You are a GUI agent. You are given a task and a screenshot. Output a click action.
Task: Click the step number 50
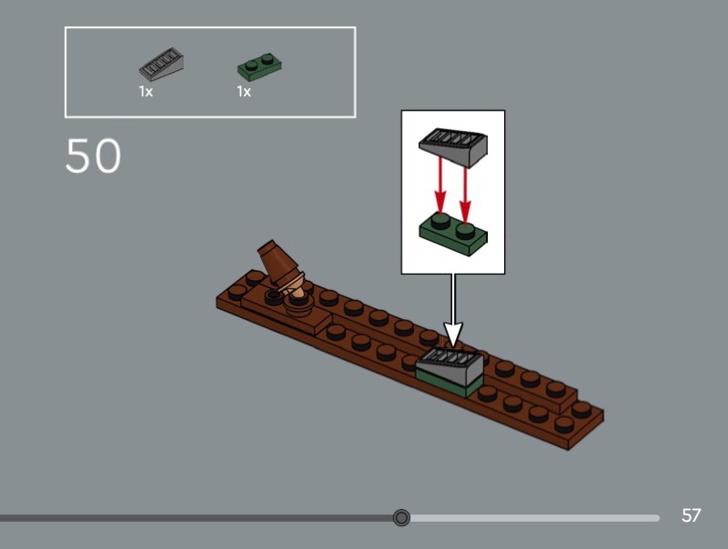click(x=94, y=155)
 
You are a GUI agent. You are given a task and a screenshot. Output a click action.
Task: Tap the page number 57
click(x=691, y=515)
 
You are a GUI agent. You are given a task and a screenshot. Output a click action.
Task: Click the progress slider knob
click(x=401, y=517)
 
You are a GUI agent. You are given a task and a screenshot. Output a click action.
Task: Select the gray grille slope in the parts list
click(x=161, y=64)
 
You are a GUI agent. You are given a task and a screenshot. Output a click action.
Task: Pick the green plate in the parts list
click(x=259, y=67)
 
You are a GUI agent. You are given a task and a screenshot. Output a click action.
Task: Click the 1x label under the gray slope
click(x=146, y=92)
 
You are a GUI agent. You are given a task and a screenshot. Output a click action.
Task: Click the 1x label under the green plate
click(x=244, y=92)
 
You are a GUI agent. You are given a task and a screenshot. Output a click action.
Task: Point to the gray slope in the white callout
click(x=453, y=147)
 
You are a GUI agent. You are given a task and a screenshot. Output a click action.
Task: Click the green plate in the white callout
click(x=453, y=235)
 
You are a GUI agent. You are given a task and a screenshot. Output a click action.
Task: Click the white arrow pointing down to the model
click(x=453, y=309)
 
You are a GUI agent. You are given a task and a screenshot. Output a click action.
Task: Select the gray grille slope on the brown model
click(x=450, y=367)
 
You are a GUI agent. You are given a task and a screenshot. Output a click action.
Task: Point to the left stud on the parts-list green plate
click(x=251, y=65)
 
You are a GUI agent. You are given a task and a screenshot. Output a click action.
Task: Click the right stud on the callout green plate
click(x=466, y=231)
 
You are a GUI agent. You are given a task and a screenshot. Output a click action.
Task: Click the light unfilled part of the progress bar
click(x=534, y=517)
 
